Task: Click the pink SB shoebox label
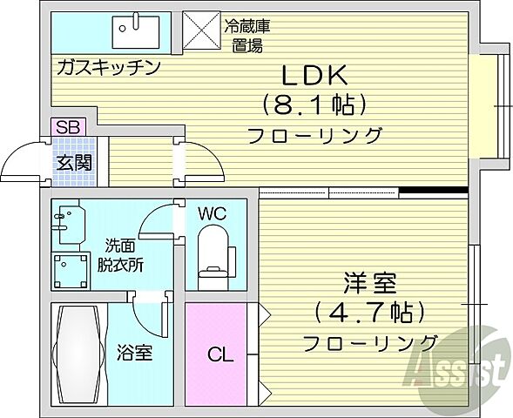click(x=64, y=127)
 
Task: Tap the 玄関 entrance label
click(x=72, y=162)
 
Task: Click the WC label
click(x=214, y=212)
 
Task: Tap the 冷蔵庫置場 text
click(x=246, y=37)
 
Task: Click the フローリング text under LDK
click(x=315, y=135)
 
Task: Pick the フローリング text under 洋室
click(x=369, y=341)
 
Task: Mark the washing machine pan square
click(x=70, y=269)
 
